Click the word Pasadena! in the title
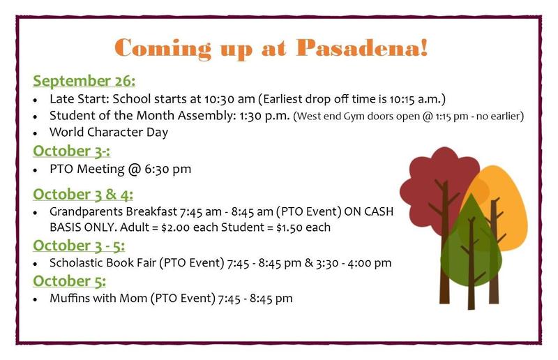click(x=362, y=47)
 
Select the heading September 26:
click(x=84, y=81)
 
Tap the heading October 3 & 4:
click(x=83, y=195)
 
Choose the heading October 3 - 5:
click(x=79, y=246)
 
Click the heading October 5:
click(x=69, y=281)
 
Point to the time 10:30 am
click(x=229, y=98)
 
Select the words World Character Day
click(x=109, y=132)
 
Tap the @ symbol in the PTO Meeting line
click(x=134, y=169)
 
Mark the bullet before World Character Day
click(x=35, y=133)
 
